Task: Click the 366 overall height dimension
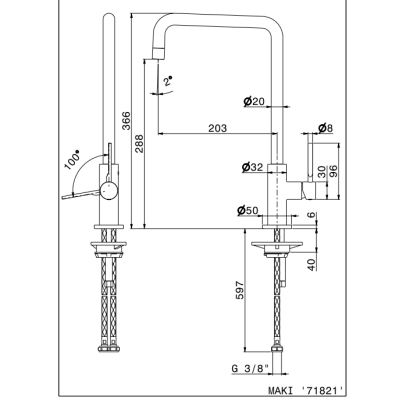(x=126, y=121)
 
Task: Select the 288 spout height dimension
(x=139, y=143)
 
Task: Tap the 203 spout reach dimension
(x=217, y=128)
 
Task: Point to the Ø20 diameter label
(x=254, y=101)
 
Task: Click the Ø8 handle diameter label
(x=325, y=128)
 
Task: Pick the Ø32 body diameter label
(x=252, y=167)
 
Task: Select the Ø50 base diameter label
(x=248, y=210)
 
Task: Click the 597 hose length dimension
(x=240, y=291)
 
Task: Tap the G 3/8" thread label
(x=250, y=369)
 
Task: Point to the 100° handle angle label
(x=73, y=160)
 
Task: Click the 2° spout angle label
(x=169, y=81)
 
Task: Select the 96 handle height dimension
(x=333, y=171)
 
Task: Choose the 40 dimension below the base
(x=311, y=265)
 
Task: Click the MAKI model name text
(x=281, y=390)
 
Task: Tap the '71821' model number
(x=322, y=390)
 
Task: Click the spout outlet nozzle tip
(x=159, y=53)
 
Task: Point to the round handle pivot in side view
(x=109, y=191)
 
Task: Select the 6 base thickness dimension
(x=311, y=215)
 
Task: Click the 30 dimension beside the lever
(x=322, y=172)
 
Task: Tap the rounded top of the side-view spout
(x=109, y=16)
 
